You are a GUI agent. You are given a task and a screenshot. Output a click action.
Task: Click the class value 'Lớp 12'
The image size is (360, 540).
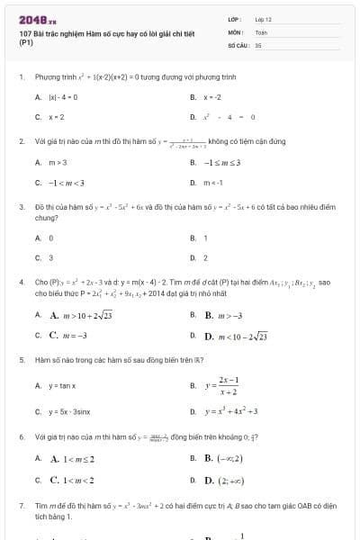point(264,18)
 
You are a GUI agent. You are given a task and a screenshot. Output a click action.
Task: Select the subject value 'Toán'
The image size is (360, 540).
point(262,31)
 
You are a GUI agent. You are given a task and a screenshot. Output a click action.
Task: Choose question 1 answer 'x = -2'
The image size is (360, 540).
point(212,96)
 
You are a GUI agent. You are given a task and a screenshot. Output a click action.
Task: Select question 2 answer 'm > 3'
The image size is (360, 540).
point(58,162)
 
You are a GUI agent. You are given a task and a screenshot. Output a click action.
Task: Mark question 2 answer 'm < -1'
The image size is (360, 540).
point(212,182)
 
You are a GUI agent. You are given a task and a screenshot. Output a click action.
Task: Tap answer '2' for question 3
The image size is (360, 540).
point(206,257)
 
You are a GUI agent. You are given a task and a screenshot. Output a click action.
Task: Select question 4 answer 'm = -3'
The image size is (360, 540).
point(68,335)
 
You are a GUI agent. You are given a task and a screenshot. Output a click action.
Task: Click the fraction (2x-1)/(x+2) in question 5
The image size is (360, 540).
point(228,385)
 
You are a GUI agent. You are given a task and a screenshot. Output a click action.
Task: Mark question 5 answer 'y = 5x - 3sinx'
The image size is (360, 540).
point(69,411)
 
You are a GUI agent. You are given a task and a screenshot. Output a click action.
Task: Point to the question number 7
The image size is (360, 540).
point(21,508)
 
